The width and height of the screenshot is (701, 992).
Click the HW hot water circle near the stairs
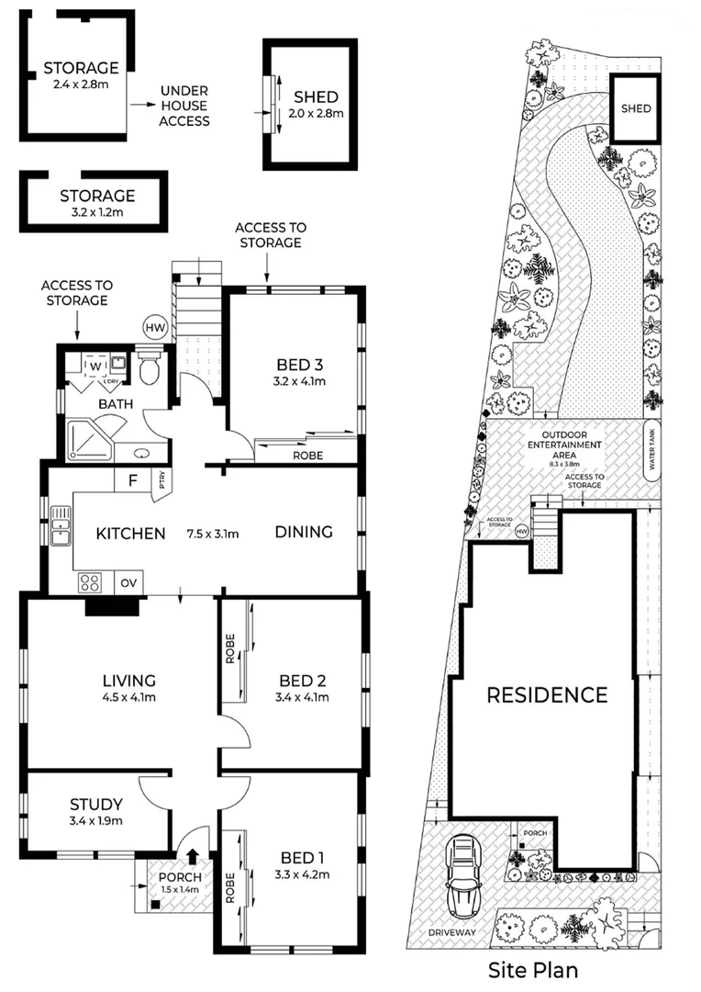[154, 326]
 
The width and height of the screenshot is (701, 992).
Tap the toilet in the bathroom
[150, 370]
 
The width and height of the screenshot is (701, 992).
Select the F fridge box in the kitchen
[132, 479]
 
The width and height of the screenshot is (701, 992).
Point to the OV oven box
[127, 582]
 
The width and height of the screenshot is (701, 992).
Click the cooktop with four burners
[92, 581]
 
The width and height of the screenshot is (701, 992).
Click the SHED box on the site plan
[636, 108]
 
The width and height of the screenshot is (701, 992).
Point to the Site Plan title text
[533, 969]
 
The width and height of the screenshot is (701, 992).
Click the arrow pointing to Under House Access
[142, 106]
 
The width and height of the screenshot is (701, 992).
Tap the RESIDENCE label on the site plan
[546, 694]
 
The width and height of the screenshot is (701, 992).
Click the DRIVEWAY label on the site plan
[451, 932]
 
